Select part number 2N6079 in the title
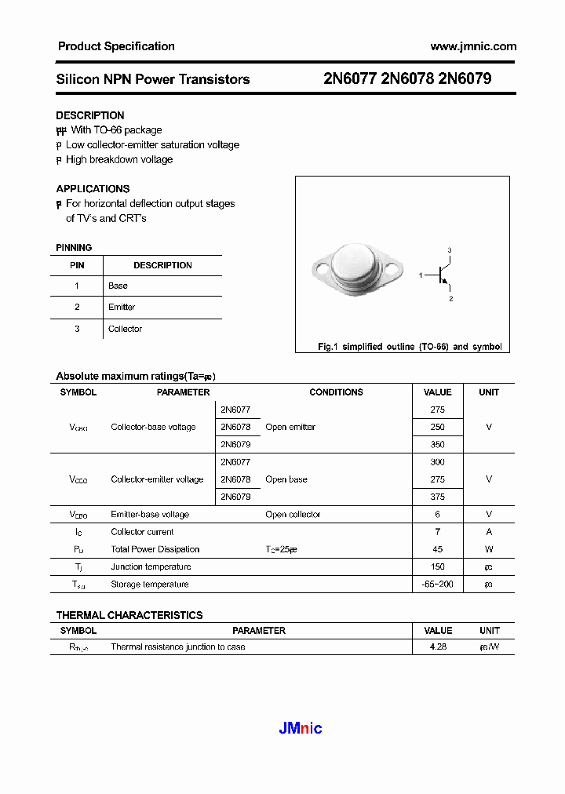[465, 79]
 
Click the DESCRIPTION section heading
[90, 115]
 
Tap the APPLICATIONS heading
[93, 188]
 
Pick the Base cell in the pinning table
[118, 286]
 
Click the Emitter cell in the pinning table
[122, 307]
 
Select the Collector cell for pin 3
[125, 329]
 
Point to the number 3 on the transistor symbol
[450, 250]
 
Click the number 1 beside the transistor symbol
[421, 275]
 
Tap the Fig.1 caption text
[409, 346]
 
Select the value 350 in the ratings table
[437, 444]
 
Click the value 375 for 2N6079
[437, 497]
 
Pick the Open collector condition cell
[293, 515]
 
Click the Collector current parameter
[142, 532]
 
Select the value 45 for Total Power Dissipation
[437, 549]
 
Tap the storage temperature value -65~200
[437, 584]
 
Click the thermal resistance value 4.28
[437, 646]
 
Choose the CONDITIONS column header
[336, 392]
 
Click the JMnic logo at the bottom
[301, 728]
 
